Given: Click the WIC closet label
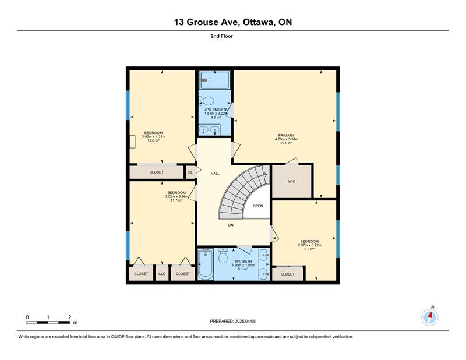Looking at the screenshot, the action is tap(292, 181).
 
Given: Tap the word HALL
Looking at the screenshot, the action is tap(215, 174).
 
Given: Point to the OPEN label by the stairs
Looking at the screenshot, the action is tap(257, 206).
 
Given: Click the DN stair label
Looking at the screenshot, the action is tap(231, 225).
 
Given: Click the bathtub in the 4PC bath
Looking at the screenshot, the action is tap(206, 264).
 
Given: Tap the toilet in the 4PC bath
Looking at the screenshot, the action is tap(223, 255).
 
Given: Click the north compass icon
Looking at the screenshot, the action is tap(430, 317).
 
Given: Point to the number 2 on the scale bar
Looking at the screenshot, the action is tap(69, 317).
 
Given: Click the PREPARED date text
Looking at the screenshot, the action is tap(232, 322).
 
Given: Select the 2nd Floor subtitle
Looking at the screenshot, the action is tap(222, 36).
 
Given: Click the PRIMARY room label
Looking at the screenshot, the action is tap(286, 135).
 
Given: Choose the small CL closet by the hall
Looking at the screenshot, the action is tap(190, 172).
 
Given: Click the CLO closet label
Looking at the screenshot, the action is tap(162, 274).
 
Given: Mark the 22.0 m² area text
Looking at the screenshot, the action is tap(287, 143).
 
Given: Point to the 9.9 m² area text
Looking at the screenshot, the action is tap(309, 249).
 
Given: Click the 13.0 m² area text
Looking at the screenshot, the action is tap(154, 140).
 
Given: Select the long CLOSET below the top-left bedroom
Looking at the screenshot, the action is tap(156, 172).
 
